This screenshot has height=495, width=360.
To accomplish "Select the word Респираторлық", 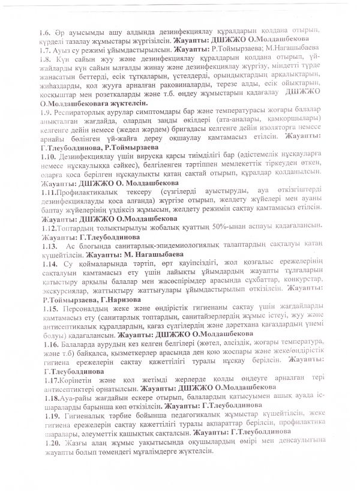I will [83, 112].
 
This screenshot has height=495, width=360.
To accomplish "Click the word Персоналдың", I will [86, 307].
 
